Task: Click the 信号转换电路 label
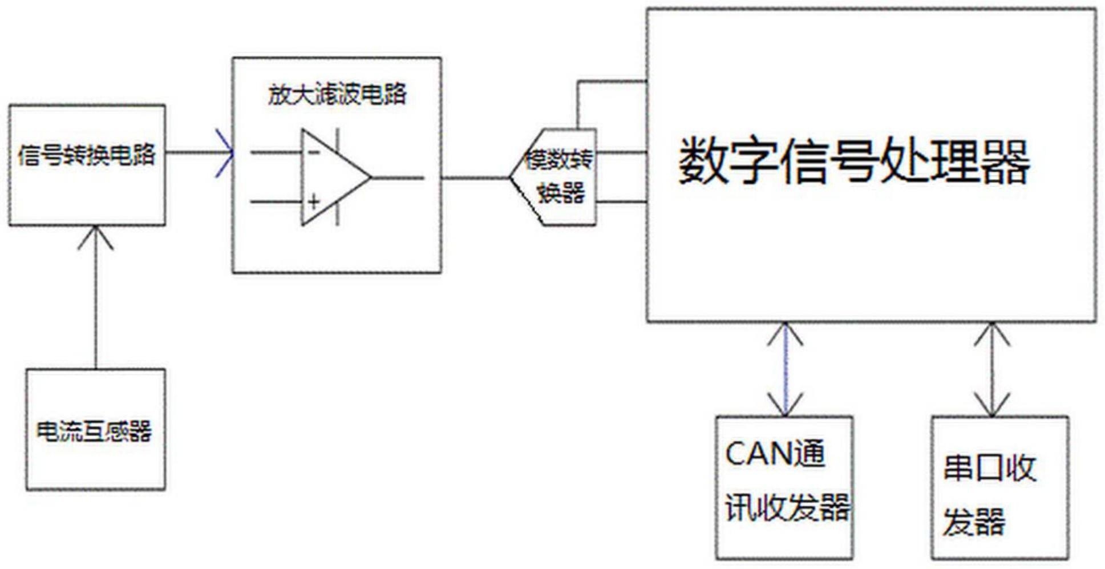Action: coord(87,154)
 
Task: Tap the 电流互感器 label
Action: coord(94,431)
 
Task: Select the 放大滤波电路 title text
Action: coord(337,94)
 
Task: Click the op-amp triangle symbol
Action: coord(336,177)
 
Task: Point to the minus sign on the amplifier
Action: coord(313,153)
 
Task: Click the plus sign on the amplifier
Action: coord(314,201)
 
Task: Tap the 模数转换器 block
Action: coord(553,177)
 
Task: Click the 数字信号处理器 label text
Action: coord(854,161)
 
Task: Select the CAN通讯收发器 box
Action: coord(785,487)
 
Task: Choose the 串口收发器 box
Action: coord(1000,487)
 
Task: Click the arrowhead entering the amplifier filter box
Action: coord(226,153)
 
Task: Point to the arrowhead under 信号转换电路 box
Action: coord(95,237)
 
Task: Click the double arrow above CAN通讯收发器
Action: coord(786,369)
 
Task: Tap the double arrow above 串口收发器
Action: coord(993,369)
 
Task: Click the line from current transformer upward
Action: coord(95,297)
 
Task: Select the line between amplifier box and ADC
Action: coord(475,177)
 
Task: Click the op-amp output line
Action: coord(398,177)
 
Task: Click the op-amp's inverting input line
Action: coord(276,153)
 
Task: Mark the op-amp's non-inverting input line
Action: coord(276,201)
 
